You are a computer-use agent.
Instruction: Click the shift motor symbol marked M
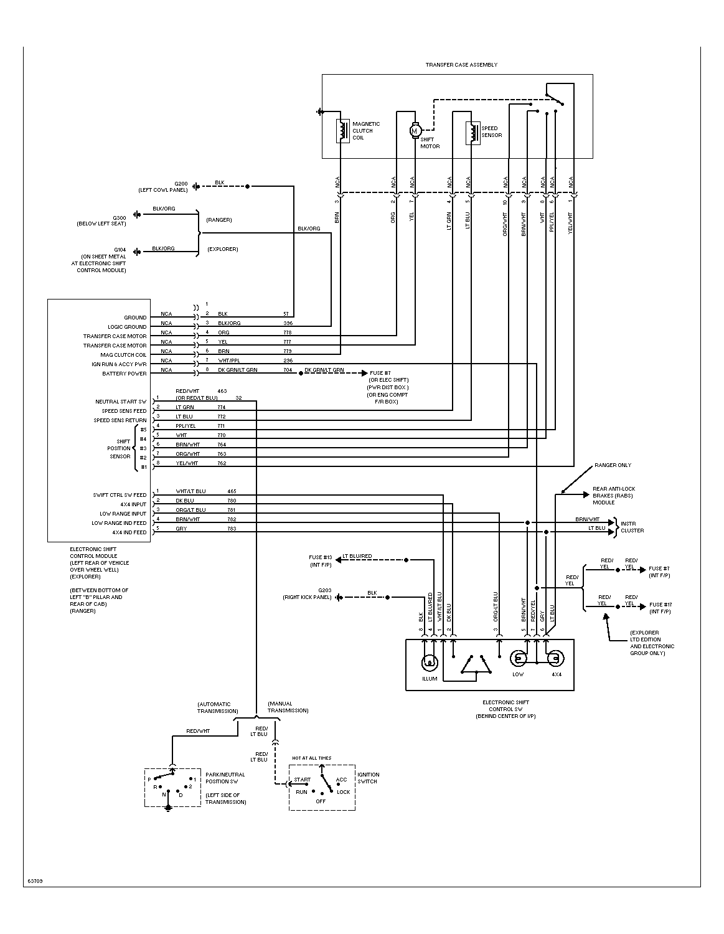point(415,131)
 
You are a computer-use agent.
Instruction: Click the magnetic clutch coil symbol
point(342,131)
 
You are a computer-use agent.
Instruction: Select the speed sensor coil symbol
point(472,133)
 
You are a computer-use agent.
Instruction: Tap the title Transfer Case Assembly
point(461,65)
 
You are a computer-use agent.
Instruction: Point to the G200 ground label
point(181,184)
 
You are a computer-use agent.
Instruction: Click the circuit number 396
point(288,323)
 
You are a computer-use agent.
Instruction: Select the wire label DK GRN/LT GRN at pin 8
point(237,370)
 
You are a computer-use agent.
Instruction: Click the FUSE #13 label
point(321,557)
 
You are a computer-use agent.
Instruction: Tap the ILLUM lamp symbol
point(430,663)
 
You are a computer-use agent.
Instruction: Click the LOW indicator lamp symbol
point(518,658)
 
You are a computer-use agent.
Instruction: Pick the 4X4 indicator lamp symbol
point(555,658)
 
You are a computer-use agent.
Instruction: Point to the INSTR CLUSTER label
point(632,527)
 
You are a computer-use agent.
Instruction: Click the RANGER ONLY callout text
point(613,465)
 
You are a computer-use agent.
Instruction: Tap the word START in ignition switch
point(302,779)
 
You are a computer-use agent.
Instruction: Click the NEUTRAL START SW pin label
point(121,402)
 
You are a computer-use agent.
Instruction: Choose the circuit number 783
point(232,529)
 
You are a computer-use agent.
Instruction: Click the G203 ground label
point(324,590)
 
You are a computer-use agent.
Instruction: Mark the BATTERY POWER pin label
point(124,374)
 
